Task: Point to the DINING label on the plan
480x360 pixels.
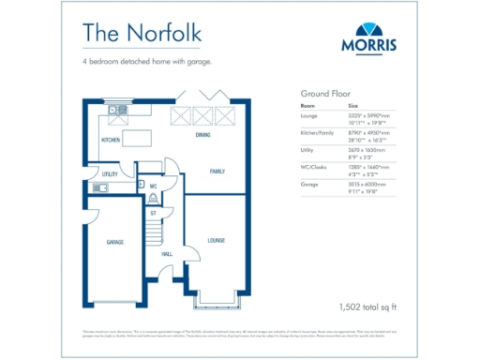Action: (202, 136)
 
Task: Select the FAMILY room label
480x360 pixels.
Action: (217, 172)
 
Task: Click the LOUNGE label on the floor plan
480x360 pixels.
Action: (216, 240)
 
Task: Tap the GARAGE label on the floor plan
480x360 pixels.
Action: (114, 242)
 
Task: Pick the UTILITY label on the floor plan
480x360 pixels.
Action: (110, 174)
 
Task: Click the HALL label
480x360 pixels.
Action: (167, 254)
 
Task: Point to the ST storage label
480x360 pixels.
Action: (152, 214)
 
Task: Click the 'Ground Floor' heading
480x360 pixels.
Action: (324, 94)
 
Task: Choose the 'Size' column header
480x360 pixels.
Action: (353, 107)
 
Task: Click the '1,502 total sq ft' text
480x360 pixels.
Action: (368, 307)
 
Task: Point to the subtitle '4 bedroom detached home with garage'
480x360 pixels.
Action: (147, 62)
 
